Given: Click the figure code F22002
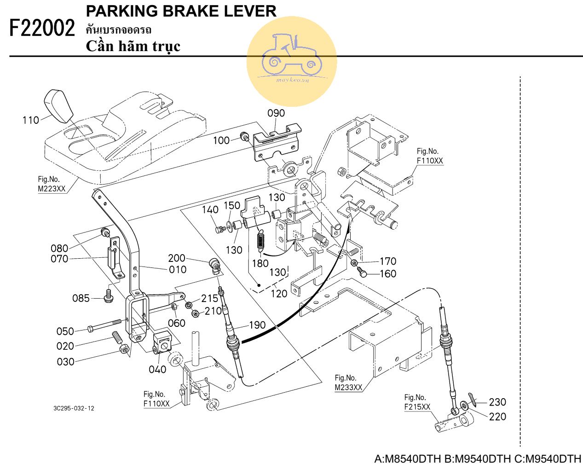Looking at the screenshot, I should click(42, 29).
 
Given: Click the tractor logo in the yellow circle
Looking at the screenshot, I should click(291, 55).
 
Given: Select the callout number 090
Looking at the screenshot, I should click(276, 113).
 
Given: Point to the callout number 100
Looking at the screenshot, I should click(221, 140).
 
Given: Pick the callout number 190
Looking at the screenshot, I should click(257, 325).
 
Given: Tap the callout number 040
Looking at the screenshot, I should click(157, 369).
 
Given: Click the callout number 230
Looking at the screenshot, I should click(497, 402).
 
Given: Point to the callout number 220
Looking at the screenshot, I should click(497, 417).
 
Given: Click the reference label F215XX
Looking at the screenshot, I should click(417, 407).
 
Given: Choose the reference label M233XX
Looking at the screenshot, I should click(348, 387).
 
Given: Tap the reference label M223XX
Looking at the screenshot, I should click(52, 189).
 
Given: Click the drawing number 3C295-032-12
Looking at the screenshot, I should click(74, 408).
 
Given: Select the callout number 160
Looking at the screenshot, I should click(388, 273).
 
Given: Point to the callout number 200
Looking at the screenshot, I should click(177, 258).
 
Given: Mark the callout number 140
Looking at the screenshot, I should click(210, 210).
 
